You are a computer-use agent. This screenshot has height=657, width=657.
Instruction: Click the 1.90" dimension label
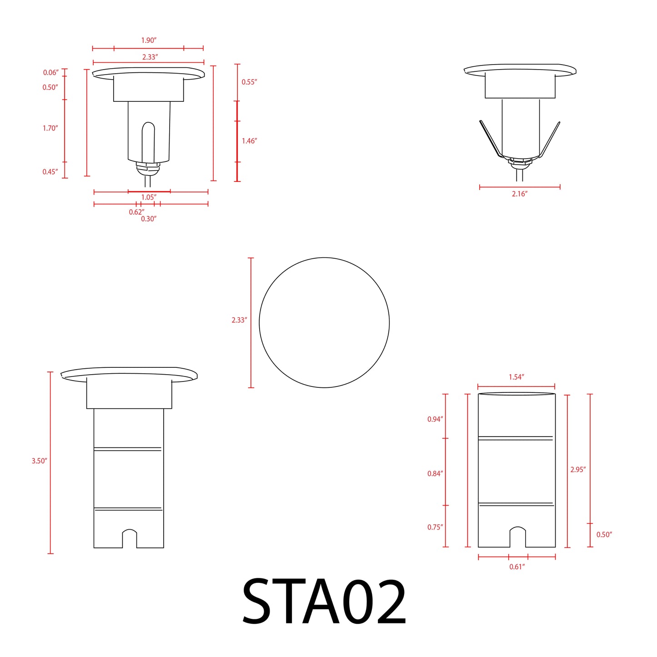coord(149,40)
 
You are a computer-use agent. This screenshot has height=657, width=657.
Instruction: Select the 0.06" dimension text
coord(50,73)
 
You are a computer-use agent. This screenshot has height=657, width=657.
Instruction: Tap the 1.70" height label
coord(50,128)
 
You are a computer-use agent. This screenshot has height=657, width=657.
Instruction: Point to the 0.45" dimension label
coord(50,172)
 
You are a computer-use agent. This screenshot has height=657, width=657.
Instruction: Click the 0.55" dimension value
coord(249,82)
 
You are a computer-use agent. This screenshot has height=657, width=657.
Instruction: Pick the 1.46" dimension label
coord(249,141)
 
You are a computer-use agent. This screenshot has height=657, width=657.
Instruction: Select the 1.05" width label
coord(149,197)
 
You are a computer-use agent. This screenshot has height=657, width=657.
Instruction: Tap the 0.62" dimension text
coord(136,212)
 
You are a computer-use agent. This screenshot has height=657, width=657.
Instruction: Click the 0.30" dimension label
coord(149,219)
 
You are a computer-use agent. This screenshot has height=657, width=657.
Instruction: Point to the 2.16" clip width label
coord(520,194)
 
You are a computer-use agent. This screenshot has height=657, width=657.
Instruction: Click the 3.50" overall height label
coord(40,461)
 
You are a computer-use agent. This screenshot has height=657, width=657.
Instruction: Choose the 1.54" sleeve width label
coord(517,377)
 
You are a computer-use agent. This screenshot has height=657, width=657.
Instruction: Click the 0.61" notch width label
coord(517,567)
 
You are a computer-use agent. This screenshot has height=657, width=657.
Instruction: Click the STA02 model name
coord(324,602)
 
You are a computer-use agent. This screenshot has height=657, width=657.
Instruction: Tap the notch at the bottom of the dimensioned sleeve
coord(517,537)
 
